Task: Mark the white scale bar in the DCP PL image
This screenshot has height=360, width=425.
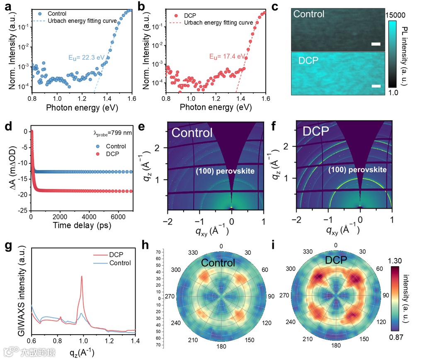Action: coord(376,86)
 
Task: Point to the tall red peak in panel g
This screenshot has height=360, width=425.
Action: coord(82,277)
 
